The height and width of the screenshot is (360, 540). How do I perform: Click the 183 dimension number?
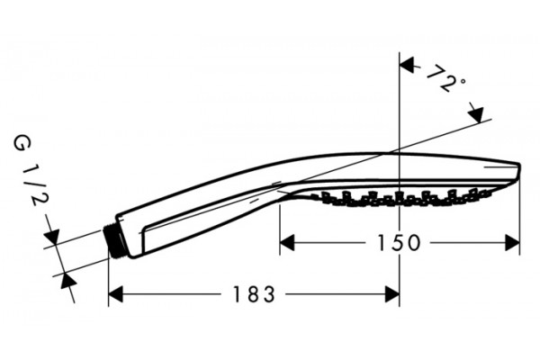click(254, 294)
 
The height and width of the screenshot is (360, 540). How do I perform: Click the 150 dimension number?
click(399, 242)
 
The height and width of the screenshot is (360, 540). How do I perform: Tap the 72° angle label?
click(445, 78)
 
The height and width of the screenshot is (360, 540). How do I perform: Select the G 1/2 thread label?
click(30, 171)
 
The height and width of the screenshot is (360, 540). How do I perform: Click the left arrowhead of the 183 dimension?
click(116, 294)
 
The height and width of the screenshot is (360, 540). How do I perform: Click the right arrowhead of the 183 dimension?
click(391, 294)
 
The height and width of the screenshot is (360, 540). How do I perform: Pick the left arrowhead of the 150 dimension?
click(287, 242)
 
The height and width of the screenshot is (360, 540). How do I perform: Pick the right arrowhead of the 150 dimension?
click(512, 242)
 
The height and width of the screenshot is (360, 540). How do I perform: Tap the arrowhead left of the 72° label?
click(407, 65)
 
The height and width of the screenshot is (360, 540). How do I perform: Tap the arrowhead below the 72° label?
click(476, 113)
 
